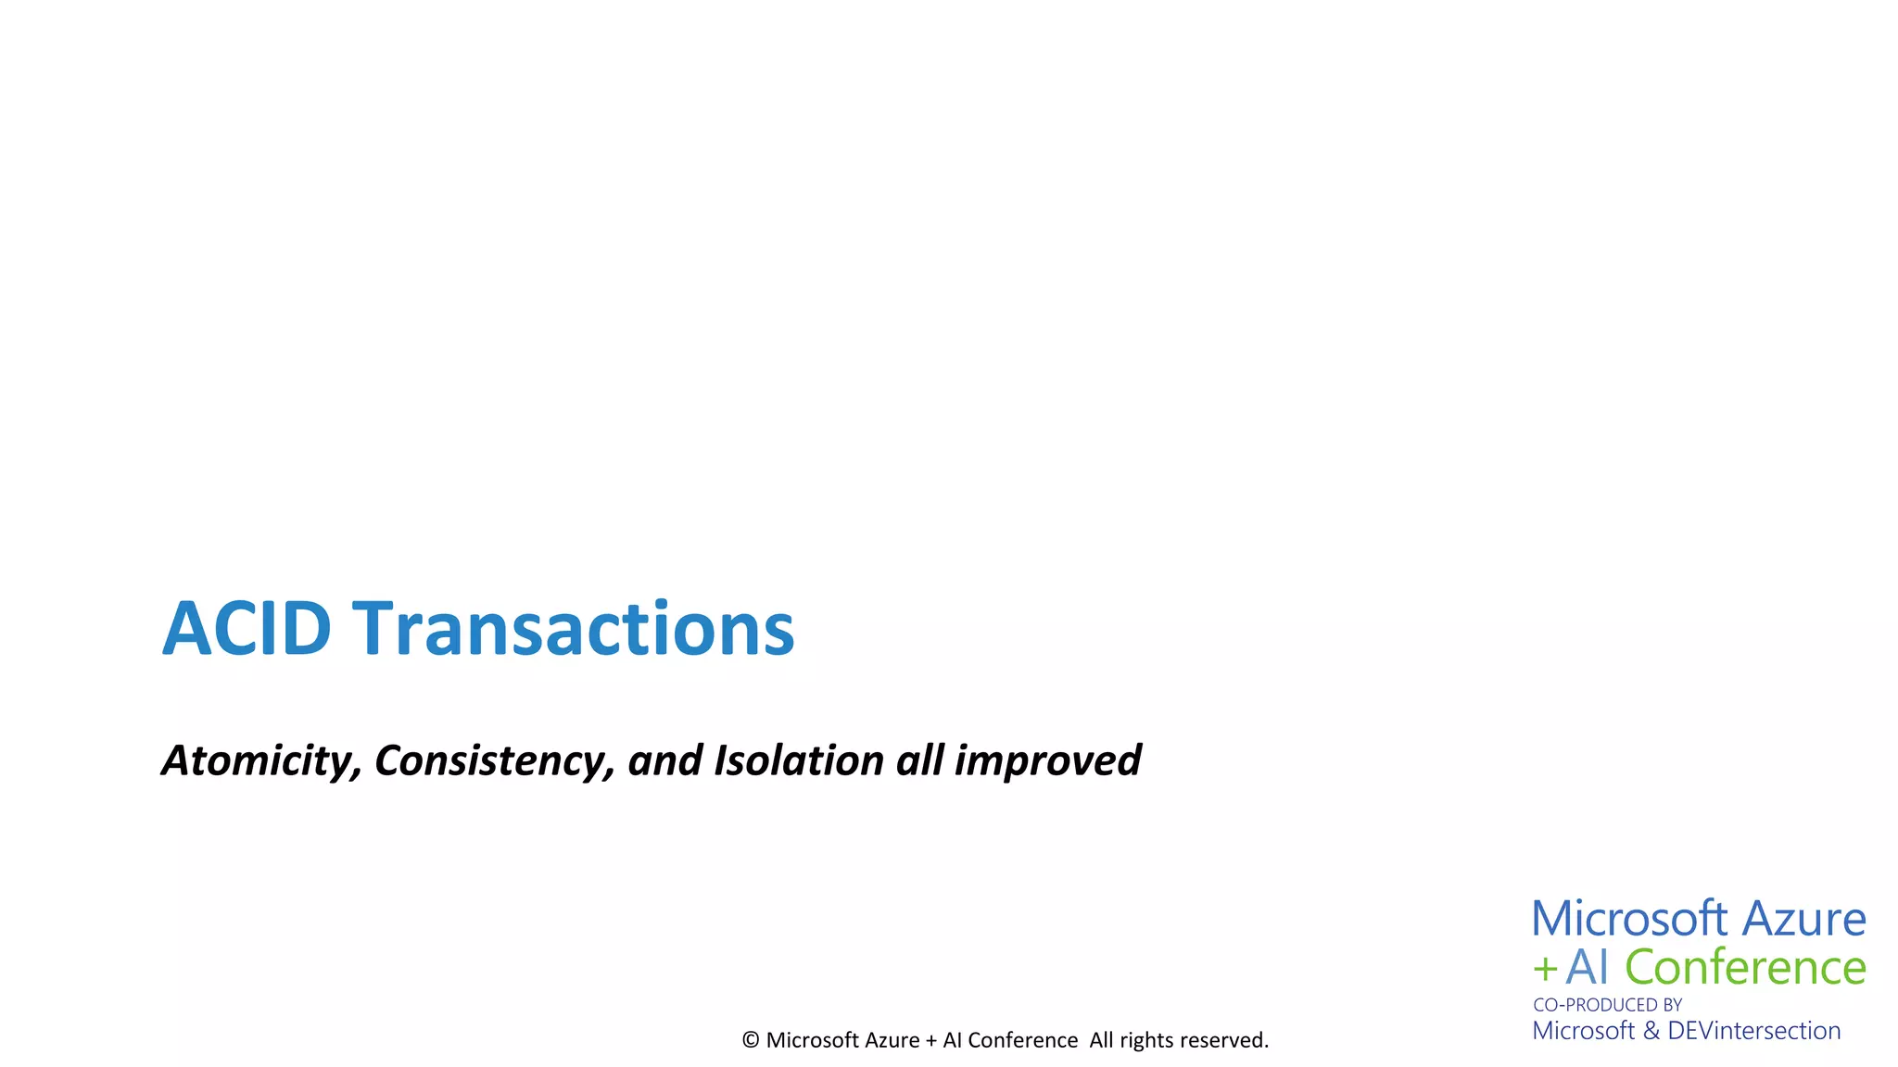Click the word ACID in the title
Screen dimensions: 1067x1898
coord(247,629)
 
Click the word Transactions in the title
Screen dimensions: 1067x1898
coord(574,629)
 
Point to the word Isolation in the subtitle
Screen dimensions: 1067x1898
coord(799,760)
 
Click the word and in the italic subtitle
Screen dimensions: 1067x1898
coord(665,760)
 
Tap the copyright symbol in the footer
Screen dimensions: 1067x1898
coord(751,1040)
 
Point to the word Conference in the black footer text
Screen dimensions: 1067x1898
coord(1022,1040)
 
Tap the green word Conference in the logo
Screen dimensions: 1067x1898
coord(1745,967)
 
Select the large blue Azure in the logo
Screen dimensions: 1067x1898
coord(1803,919)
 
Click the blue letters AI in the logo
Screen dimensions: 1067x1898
coord(1588,967)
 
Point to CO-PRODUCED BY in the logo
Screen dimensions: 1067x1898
coord(1607,1005)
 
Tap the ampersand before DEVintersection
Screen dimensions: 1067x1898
coord(1651,1031)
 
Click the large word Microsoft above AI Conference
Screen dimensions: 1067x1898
coord(1629,919)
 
